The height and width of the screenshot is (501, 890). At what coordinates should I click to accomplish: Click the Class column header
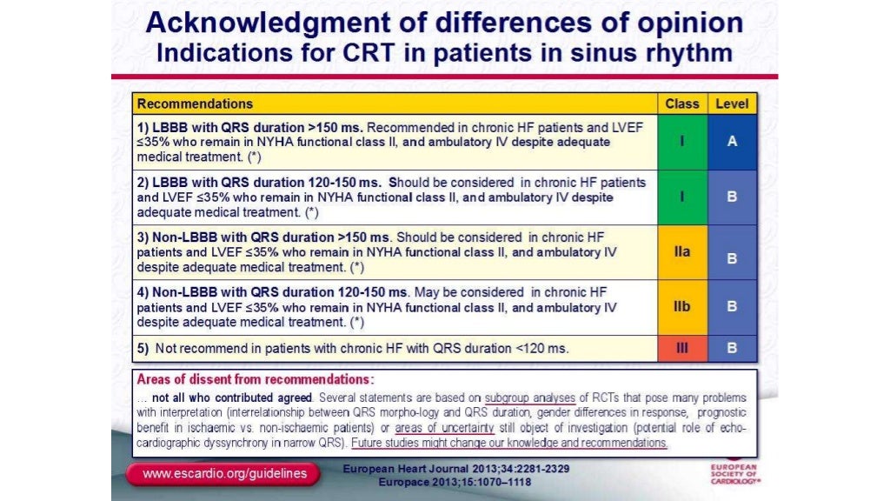681,104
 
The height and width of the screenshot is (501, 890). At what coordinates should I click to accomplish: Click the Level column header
731,104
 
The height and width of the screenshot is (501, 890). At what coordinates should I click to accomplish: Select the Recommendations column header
195,104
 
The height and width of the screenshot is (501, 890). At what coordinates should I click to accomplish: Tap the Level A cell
731,142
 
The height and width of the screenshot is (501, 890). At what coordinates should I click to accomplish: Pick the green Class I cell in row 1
681,142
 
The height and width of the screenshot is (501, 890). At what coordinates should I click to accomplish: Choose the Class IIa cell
681,252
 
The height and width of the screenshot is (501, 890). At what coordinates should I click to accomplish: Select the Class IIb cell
681,307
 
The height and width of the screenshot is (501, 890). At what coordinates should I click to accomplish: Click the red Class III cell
681,348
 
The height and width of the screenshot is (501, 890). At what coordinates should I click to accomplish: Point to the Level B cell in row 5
731,348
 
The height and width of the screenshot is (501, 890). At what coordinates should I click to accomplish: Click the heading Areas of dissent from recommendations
256,379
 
